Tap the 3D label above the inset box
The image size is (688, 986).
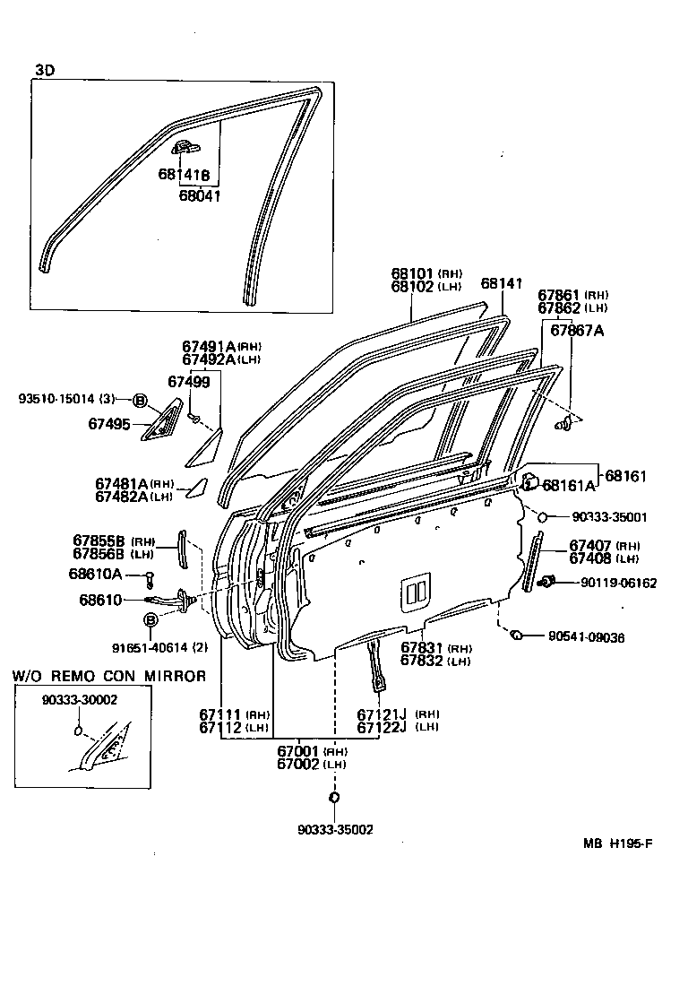click(44, 70)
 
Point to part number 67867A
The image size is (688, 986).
click(577, 330)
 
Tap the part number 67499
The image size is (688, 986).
click(189, 382)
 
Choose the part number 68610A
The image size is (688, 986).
click(96, 575)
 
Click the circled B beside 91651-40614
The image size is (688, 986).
click(150, 620)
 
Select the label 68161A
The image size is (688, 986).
click(568, 487)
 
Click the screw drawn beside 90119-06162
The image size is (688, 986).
click(547, 584)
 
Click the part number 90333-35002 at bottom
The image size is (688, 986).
click(335, 830)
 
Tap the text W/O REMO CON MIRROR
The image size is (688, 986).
click(108, 676)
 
